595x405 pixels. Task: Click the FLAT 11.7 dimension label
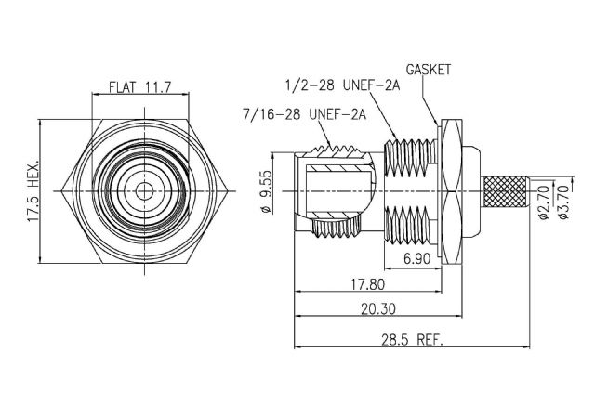140,86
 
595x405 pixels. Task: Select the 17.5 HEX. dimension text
33,190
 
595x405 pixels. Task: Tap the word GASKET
429,70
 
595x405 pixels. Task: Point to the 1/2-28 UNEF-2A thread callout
343,85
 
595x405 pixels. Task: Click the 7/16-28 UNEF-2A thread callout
304,113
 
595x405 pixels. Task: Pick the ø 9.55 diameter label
267,191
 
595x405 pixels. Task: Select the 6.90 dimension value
417,258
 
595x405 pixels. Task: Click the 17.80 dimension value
367,283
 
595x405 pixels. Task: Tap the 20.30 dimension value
378,309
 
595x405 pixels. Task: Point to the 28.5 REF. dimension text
412,339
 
